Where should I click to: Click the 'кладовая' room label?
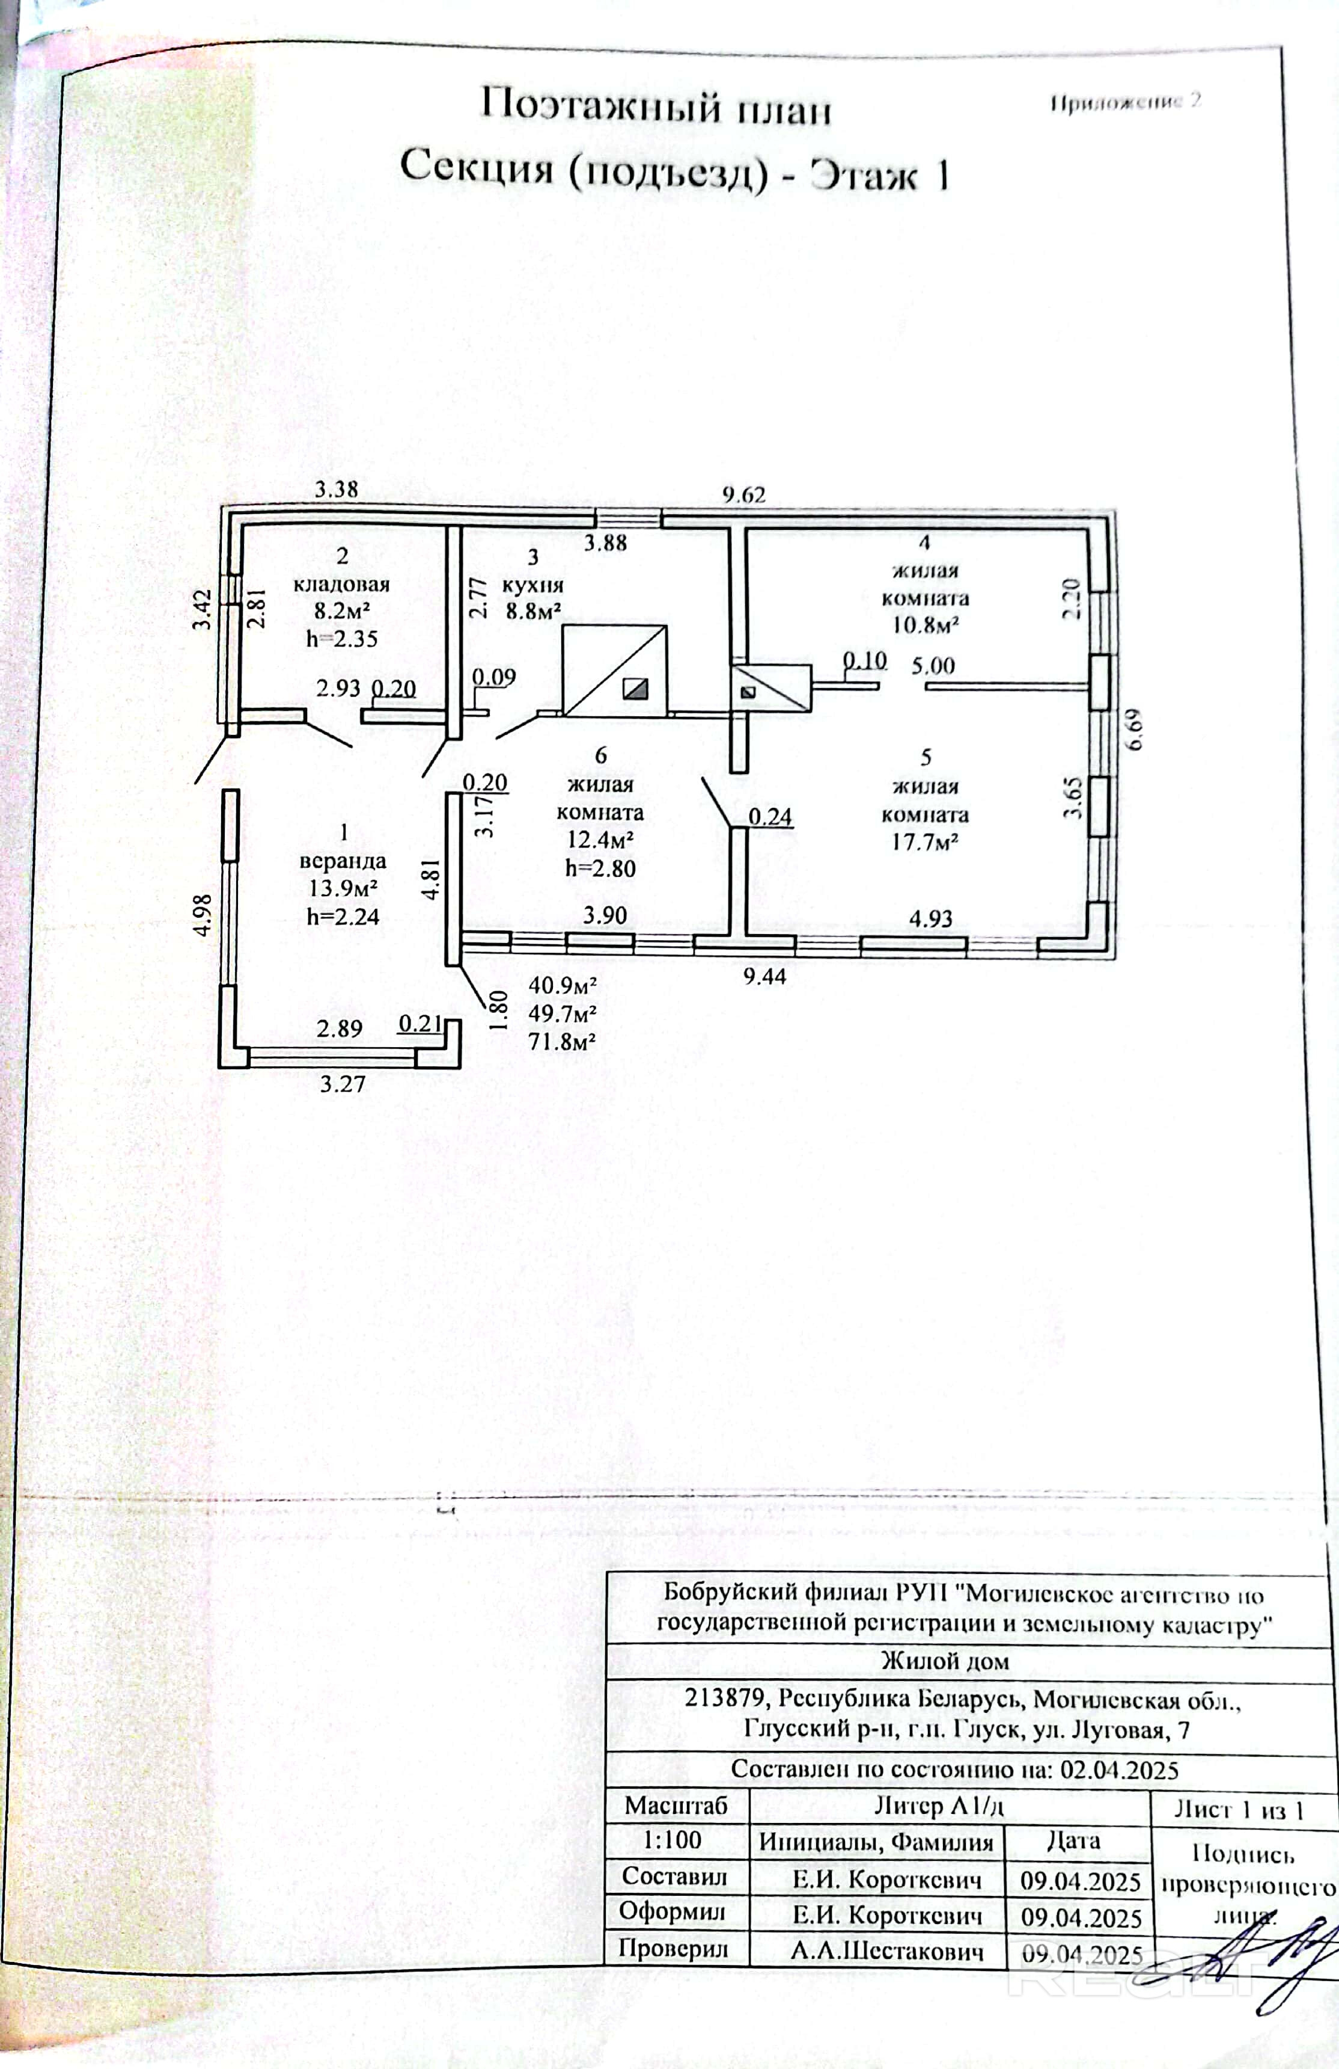point(341,584)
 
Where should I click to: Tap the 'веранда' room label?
point(343,861)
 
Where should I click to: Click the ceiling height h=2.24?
point(343,916)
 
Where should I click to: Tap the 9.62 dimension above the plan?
point(744,494)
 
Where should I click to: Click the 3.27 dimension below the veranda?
point(343,1084)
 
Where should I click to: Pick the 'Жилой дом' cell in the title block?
point(945,1661)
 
